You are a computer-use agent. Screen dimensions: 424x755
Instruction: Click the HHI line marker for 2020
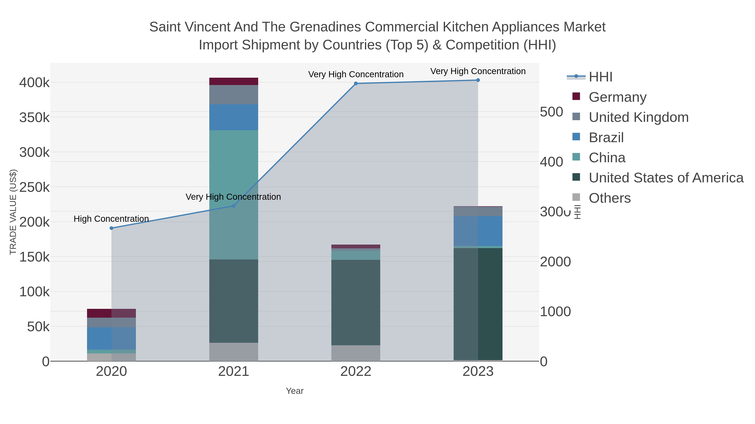[111, 228]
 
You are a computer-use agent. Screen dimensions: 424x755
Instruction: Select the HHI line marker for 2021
[234, 206]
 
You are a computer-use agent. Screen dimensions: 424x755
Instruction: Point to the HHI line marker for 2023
[478, 80]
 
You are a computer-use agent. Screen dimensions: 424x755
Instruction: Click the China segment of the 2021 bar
[234, 195]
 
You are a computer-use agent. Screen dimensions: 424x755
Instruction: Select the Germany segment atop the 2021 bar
[234, 81]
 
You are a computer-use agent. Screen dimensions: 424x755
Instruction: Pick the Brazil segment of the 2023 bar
[478, 231]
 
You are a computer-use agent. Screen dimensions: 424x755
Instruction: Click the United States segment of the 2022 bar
[356, 302]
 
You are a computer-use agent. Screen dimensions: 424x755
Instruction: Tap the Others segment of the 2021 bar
[234, 352]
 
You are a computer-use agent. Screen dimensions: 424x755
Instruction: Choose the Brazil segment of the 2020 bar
[111, 338]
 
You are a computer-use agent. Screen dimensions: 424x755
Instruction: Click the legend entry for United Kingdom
[638, 117]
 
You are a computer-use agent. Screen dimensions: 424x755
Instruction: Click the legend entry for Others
[610, 198]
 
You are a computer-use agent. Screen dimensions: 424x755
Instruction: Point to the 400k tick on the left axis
[35, 83]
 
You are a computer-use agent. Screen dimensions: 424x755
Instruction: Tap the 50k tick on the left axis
[38, 327]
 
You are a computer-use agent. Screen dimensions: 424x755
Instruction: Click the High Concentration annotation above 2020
[111, 219]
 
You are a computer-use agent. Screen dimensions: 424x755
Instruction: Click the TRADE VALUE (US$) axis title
[13, 212]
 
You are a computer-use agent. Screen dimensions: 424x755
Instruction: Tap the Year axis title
[295, 391]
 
